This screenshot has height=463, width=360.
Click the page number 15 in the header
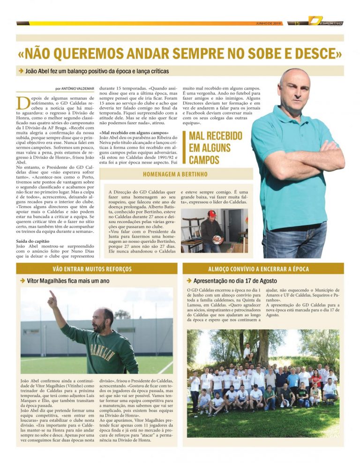click(297, 23)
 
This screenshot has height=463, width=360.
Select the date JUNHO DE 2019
click(268, 23)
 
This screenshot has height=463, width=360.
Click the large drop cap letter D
click(22, 103)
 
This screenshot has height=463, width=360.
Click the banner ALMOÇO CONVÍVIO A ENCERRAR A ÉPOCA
click(263, 269)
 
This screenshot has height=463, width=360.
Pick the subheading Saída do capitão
click(32, 241)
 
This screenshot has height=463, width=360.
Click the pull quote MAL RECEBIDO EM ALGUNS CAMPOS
click(216, 148)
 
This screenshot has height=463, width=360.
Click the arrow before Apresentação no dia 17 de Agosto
click(189, 281)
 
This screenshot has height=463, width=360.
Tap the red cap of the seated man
click(212, 214)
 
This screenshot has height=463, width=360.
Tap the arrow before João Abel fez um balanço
click(22, 71)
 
